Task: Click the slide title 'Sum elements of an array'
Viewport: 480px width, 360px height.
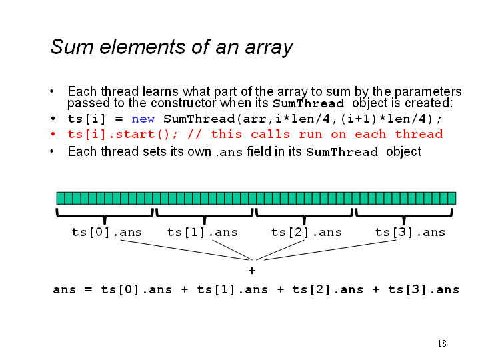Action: click(x=171, y=47)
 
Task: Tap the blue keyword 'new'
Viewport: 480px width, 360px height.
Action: click(x=143, y=119)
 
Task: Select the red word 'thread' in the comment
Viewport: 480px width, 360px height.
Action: click(x=419, y=134)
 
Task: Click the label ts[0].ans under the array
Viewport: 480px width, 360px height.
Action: click(x=107, y=232)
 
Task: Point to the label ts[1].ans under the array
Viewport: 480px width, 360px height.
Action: click(x=203, y=232)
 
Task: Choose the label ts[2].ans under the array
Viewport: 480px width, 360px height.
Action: click(x=307, y=232)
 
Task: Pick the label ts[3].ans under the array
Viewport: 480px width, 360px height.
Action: click(x=410, y=232)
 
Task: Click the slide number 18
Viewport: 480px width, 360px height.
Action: click(x=442, y=343)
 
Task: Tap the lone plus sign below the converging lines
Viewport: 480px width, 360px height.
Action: click(x=252, y=271)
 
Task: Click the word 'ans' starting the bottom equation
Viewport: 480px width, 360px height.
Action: click(x=64, y=289)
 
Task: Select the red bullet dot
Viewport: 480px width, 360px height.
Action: click(x=53, y=134)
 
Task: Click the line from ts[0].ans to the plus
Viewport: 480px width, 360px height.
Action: click(x=185, y=250)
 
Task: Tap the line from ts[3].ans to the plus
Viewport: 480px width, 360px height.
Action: click(x=330, y=250)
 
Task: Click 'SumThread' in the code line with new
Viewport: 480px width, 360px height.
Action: click(x=199, y=119)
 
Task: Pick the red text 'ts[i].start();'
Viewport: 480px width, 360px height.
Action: click(x=123, y=135)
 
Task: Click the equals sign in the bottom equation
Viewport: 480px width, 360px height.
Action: click(x=89, y=289)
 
